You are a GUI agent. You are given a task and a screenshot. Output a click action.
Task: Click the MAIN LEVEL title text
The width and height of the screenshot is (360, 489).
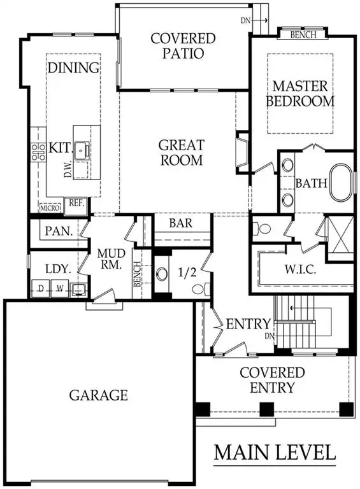tap(275, 453)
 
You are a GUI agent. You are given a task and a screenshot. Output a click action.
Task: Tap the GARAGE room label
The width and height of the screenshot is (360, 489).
tap(98, 395)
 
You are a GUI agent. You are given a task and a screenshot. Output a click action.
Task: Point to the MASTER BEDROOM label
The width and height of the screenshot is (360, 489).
tap(303, 93)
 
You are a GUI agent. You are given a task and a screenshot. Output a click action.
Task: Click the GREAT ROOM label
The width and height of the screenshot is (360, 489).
tap(182, 152)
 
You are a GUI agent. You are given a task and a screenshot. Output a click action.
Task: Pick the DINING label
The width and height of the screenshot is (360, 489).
tap(74, 67)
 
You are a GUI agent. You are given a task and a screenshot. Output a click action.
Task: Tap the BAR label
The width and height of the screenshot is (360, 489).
tap(181, 224)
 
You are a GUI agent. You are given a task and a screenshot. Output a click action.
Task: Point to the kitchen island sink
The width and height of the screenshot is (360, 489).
tap(82, 150)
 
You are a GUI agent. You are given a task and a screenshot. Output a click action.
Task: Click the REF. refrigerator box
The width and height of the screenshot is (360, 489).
tap(76, 204)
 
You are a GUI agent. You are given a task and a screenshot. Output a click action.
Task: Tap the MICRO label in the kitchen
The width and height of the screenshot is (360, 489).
tap(50, 208)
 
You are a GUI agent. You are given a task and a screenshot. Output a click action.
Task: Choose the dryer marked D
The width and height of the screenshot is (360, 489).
tap(40, 288)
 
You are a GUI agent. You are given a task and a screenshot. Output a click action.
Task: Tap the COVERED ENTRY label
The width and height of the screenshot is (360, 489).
tap(272, 380)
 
